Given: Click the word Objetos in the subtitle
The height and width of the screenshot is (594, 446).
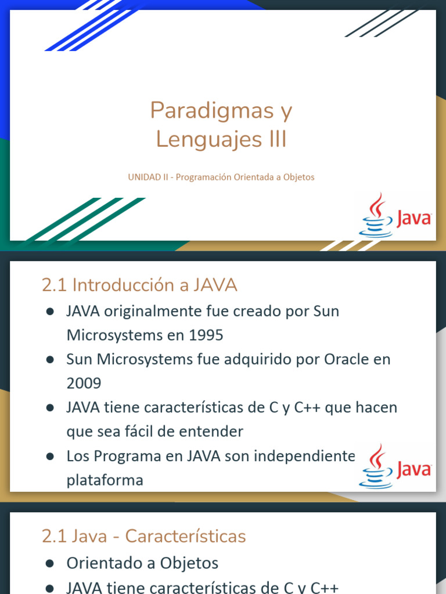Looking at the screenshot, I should [x=300, y=177].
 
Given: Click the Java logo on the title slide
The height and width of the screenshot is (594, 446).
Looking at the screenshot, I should [x=395, y=216].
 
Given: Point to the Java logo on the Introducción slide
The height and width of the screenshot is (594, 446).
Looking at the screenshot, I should [x=395, y=466].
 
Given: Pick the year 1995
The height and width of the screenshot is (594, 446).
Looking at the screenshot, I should [x=206, y=335].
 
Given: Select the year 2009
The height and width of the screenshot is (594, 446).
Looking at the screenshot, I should [x=84, y=383].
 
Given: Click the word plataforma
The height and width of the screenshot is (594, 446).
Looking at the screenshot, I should [x=105, y=480].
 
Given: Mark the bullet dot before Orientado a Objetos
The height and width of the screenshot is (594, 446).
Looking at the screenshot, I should [x=50, y=563].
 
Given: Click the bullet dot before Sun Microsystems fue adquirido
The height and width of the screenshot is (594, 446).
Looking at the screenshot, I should [x=50, y=360].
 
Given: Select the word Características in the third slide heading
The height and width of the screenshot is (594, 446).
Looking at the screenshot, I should [x=185, y=536].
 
